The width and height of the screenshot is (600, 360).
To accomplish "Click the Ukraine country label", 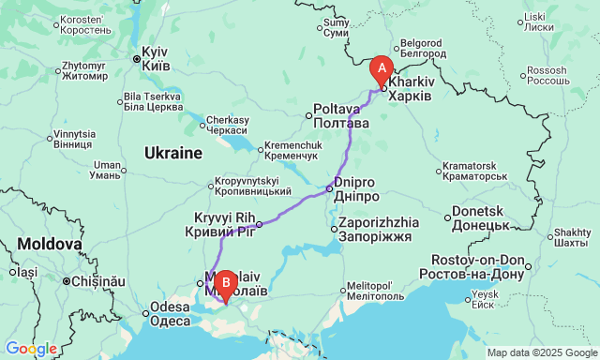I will [x=173, y=152].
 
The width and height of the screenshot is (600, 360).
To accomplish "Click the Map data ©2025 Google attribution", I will [x=541, y=352].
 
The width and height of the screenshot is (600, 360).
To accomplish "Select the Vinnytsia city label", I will [x=73, y=140].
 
